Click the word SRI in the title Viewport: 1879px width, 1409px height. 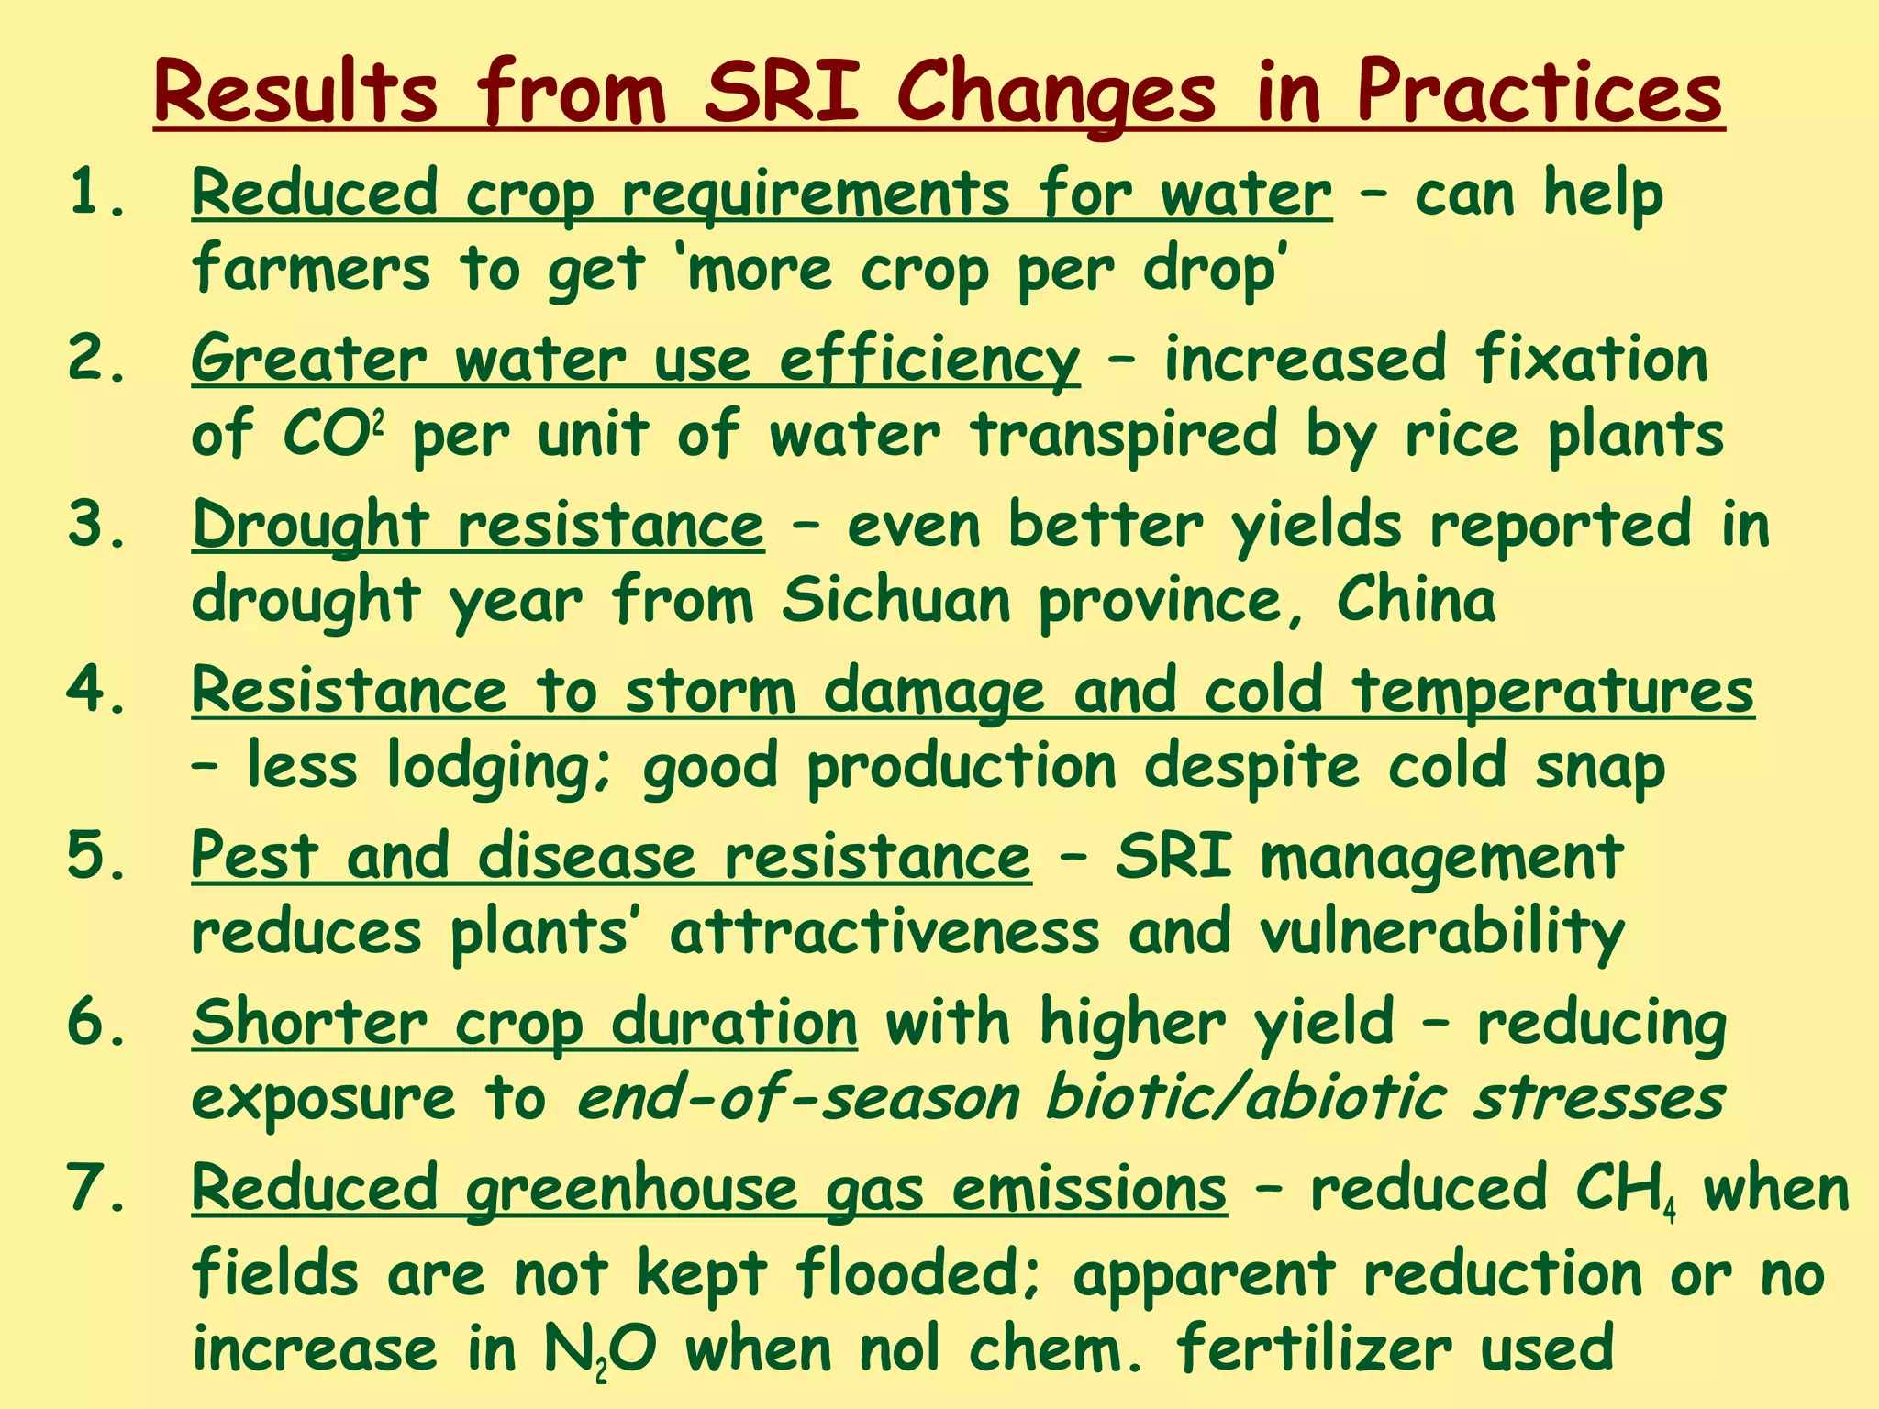click(783, 93)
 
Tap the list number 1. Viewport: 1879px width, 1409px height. click(96, 194)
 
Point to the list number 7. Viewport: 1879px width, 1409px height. click(96, 1187)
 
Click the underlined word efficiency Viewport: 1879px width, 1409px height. click(929, 359)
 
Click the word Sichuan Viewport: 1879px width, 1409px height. click(896, 600)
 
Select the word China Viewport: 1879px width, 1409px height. click(1416, 600)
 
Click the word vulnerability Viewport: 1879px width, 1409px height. click(1441, 932)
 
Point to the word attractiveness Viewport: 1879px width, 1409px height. click(884, 932)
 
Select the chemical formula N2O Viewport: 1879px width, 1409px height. click(600, 1350)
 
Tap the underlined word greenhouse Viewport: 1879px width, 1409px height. click(632, 1189)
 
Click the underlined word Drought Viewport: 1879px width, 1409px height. click(310, 526)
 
